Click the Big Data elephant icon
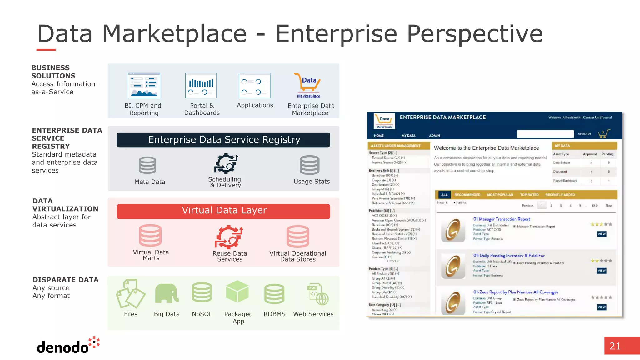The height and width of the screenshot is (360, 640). point(167,293)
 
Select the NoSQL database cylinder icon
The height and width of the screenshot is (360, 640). point(202,292)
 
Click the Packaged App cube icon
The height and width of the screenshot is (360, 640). point(237,292)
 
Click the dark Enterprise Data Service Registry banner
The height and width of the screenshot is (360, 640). point(223,140)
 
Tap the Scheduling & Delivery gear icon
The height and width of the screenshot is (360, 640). point(226,163)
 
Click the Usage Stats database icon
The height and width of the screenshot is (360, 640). point(309,165)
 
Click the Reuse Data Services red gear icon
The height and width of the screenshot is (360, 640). point(229,237)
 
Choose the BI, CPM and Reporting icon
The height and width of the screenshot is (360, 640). point(144,85)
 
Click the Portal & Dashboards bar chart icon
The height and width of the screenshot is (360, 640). point(201,85)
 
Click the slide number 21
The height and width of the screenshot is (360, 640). point(615,346)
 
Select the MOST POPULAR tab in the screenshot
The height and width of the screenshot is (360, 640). point(500,195)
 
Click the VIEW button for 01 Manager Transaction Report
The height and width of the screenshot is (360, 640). point(602,234)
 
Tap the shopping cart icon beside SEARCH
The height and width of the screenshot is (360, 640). point(604,134)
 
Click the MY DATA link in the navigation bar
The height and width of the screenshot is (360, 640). point(408,136)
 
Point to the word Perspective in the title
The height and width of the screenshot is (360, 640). point(475,34)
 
